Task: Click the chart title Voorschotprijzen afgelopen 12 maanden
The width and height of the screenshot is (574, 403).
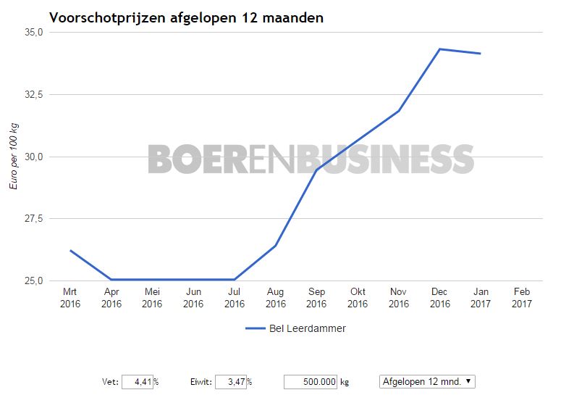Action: [186, 18]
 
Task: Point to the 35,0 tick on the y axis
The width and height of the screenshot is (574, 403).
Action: [34, 33]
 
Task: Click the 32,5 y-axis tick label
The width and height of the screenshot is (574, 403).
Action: [34, 95]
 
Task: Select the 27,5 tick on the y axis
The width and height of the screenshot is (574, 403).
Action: [34, 219]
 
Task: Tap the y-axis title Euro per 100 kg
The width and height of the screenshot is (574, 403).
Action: [14, 157]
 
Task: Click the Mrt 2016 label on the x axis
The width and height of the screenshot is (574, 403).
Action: [70, 298]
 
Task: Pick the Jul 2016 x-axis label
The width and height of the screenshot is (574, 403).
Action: [235, 298]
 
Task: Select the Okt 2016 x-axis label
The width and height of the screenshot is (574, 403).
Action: [358, 298]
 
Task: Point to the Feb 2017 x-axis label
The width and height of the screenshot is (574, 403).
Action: [522, 298]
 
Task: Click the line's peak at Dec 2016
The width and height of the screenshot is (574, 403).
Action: [440, 49]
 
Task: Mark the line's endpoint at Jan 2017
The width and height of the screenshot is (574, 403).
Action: [481, 54]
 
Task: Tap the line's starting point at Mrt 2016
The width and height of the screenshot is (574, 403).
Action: [70, 250]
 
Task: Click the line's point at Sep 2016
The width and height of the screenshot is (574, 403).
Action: [316, 170]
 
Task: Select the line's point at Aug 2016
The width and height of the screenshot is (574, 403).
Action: [276, 246]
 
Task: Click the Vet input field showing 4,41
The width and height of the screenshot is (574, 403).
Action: [137, 382]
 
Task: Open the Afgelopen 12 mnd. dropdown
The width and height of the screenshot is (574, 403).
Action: [427, 382]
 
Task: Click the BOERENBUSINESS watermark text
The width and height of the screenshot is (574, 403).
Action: [311, 159]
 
